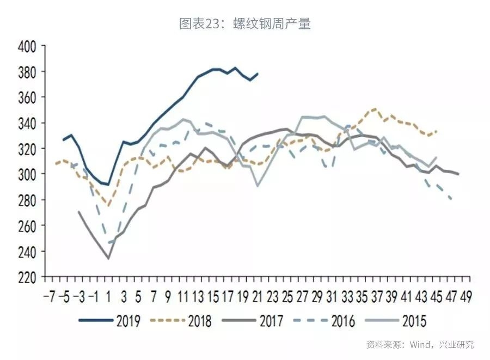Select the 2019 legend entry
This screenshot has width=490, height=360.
click(x=127, y=320)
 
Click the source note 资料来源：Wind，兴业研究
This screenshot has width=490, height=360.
click(x=420, y=344)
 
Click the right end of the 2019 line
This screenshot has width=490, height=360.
click(x=258, y=74)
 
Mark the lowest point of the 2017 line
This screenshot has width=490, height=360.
click(x=108, y=258)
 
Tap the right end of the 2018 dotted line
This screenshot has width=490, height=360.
click(x=436, y=131)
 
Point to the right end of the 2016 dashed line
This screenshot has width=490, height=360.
click(x=451, y=199)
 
